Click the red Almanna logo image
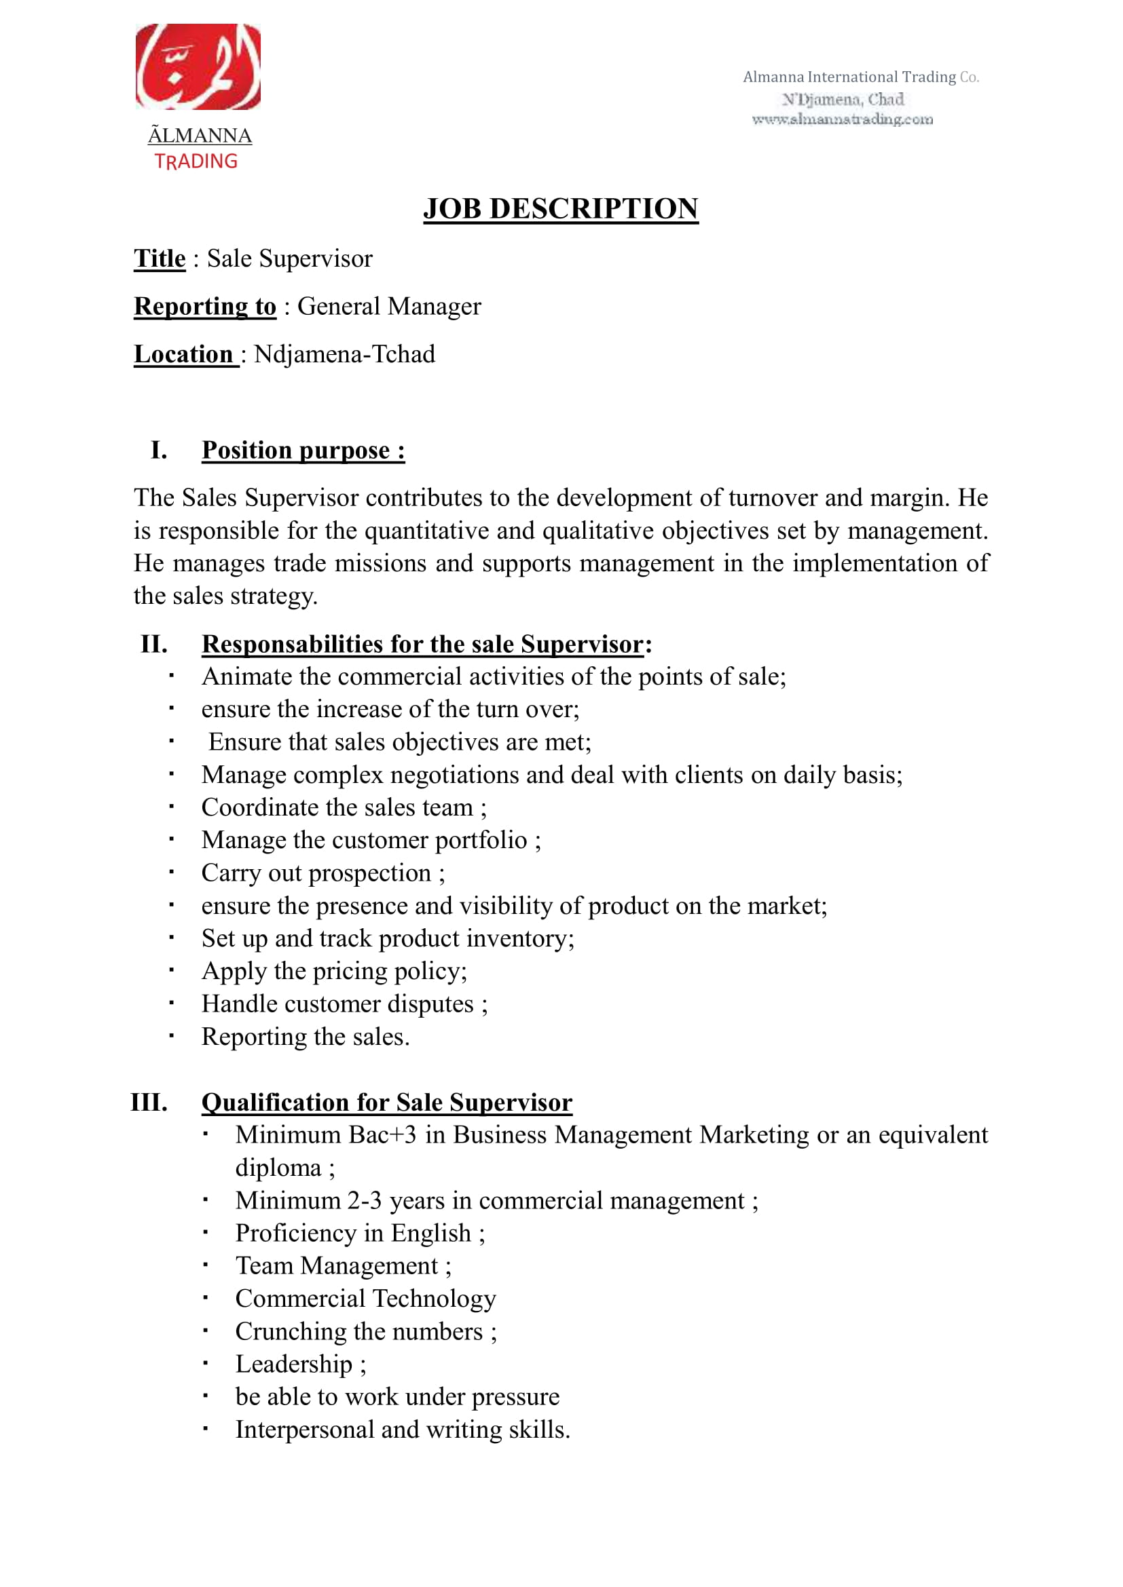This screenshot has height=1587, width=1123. coord(198,67)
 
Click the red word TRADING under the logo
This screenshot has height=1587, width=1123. coord(196,161)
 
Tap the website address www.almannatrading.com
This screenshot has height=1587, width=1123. coord(842,119)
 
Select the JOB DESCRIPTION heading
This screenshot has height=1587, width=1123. coord(561,209)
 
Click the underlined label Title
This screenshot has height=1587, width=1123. coord(160,259)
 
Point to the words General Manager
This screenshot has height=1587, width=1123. coord(389,306)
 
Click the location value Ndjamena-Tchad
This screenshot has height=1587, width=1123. coord(344,354)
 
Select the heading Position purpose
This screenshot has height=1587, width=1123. coord(303,450)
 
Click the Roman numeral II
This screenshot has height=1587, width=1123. coord(154,644)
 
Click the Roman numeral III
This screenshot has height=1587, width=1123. coord(149,1102)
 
